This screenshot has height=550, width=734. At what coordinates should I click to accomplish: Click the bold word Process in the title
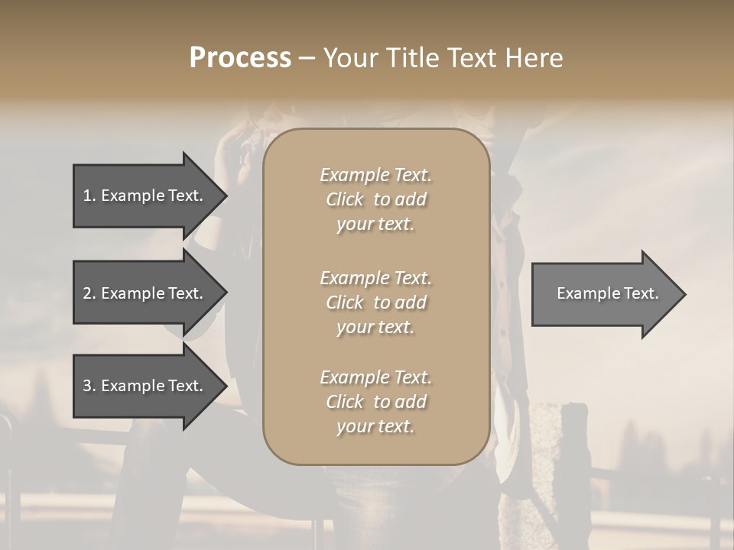[240, 58]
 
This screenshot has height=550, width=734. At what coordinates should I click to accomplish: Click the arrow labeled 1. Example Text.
[145, 196]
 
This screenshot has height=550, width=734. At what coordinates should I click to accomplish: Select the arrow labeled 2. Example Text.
[145, 293]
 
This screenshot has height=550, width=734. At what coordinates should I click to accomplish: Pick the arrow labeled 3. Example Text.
[145, 386]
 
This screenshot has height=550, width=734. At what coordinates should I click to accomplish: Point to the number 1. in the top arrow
[89, 196]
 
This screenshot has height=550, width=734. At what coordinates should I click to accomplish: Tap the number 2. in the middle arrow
[89, 293]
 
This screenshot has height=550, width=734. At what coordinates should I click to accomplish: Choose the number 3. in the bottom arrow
[89, 386]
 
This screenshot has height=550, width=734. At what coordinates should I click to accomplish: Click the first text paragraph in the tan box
[375, 199]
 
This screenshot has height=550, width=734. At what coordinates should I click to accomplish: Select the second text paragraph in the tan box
[375, 302]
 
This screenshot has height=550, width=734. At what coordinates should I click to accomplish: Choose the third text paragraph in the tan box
[375, 402]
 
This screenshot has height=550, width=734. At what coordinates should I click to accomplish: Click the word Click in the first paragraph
[345, 199]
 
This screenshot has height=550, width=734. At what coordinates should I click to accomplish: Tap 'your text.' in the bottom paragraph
[375, 426]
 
